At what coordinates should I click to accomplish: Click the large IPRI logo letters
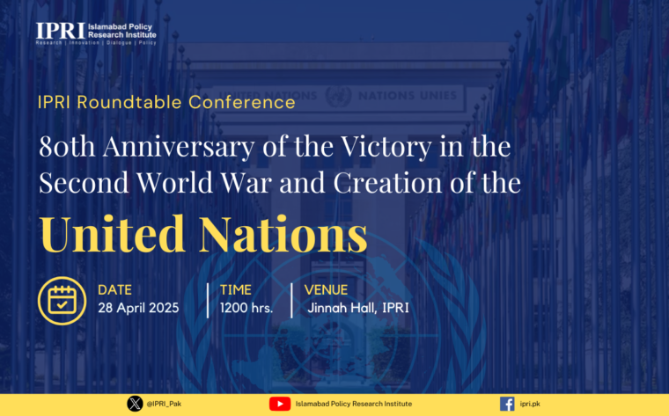[x=61, y=31]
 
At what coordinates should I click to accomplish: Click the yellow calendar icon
[x=62, y=301]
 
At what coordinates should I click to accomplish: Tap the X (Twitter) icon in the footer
[x=135, y=404]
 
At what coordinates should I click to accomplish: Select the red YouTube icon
[x=280, y=404]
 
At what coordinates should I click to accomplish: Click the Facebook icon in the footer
[x=507, y=404]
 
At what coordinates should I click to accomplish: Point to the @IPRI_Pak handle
[x=164, y=404]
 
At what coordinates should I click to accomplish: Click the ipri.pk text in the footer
[x=530, y=404]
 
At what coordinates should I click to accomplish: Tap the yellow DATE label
[x=114, y=290]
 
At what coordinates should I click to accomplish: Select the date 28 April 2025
[x=138, y=308]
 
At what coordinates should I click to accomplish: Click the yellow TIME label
[x=236, y=290]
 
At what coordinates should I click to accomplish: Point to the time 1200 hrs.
[x=246, y=308]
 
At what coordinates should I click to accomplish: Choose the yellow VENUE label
[x=326, y=290]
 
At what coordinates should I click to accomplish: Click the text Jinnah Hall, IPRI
[x=358, y=308]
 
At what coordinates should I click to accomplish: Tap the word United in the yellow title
[x=113, y=234]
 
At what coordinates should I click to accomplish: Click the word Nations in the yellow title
[x=283, y=234]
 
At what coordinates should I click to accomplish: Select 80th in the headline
[x=67, y=146]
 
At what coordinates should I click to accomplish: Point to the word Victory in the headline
[x=386, y=147]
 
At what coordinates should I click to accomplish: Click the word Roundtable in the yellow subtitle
[x=130, y=102]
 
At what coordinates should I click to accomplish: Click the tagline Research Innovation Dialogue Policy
[x=96, y=42]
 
